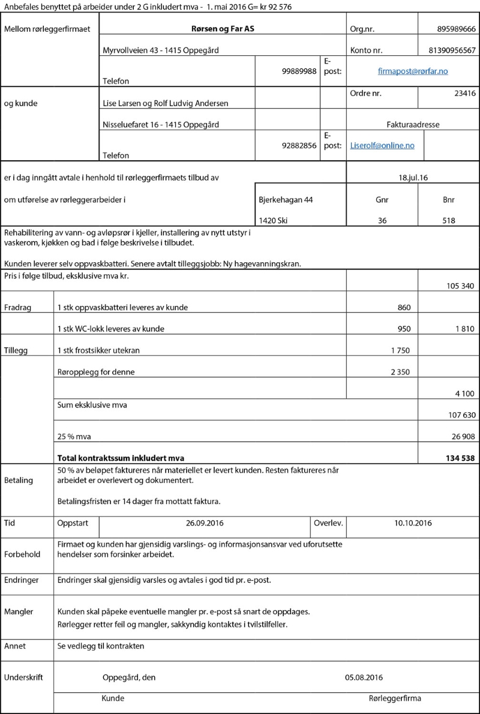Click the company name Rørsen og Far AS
pos(222,29)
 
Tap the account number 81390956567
pos(452,50)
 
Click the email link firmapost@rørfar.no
pos(413,71)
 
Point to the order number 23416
pos(465,93)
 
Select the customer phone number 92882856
pos(299,145)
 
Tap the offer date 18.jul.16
pos(413,178)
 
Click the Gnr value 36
pos(382,220)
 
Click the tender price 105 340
pos(461,286)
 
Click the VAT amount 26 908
pos(461,436)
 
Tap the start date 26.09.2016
pos(205,523)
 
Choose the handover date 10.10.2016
pos(413,523)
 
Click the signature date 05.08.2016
pos(364,677)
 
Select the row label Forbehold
pos(22,554)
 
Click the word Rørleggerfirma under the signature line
pos(395,698)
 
